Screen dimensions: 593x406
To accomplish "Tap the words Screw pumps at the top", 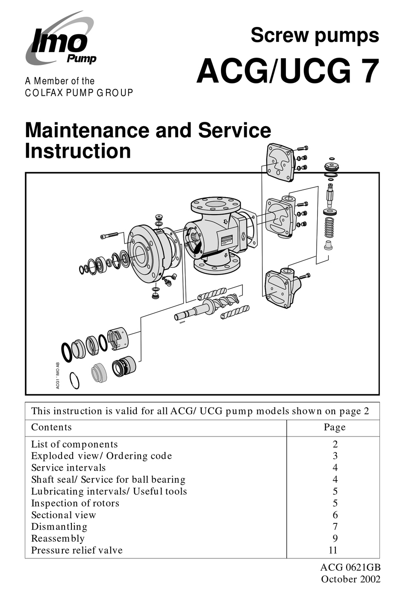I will pos(315,35).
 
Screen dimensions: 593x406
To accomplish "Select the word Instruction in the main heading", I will pos(78,151).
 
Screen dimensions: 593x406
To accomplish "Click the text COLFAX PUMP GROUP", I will pos(79,93).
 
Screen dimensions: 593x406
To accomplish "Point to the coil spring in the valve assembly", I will pos(329,227).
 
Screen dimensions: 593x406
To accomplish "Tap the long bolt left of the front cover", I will pos(110,236).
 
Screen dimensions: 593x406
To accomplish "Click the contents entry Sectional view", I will pos(64,515).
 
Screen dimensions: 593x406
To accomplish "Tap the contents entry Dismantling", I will pos(59,527).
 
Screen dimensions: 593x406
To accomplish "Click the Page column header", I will pos(335,427).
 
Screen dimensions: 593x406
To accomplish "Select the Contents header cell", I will pos(52,427).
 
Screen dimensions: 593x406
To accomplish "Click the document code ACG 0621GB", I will pos(350,567).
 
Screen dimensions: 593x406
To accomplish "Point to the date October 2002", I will pos(350,579).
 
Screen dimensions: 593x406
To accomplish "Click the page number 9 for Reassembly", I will pos(335,538).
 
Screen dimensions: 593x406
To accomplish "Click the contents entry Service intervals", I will pos(68,468).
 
